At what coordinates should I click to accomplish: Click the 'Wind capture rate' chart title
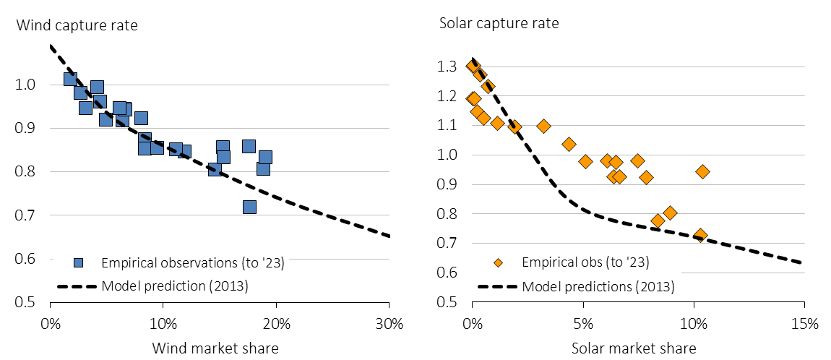pos(77,26)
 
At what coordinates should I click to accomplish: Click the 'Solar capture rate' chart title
pos(499,22)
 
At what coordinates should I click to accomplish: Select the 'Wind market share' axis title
pos(215,348)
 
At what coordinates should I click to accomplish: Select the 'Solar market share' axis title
pos(634,348)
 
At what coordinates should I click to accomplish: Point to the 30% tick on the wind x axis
pos(388,323)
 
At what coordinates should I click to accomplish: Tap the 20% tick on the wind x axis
pos(276,323)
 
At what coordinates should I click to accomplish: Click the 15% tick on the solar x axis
pos(804,323)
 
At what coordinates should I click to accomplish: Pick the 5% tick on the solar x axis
pos(582,323)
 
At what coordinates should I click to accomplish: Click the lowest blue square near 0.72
pos(249,207)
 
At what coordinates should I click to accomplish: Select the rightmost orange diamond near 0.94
pos(702,171)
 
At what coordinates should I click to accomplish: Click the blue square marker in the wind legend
pos(80,263)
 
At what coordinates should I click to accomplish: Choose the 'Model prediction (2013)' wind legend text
pos(175,286)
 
